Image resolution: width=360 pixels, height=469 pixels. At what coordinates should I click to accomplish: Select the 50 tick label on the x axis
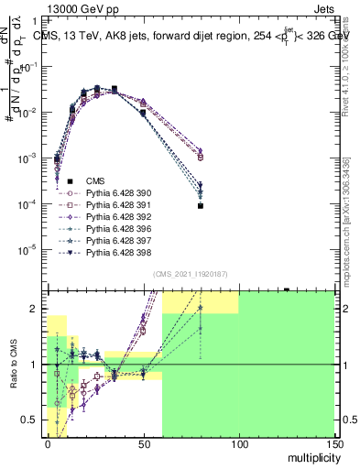(x=143, y=443)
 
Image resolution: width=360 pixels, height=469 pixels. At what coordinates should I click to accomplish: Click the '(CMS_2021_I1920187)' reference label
(x=191, y=274)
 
